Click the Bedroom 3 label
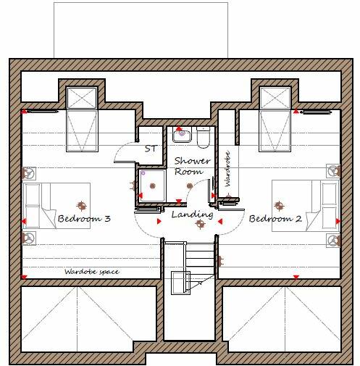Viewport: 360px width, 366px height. point(84,218)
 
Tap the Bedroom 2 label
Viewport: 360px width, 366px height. point(275,218)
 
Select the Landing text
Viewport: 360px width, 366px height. point(192,215)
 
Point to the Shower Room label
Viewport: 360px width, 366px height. point(192,166)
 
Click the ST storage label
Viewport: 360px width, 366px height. point(151,149)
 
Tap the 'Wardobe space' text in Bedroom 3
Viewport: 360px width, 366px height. point(91,271)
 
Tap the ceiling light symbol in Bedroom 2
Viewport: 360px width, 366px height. point(276,204)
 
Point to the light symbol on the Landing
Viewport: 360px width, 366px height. point(200,224)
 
